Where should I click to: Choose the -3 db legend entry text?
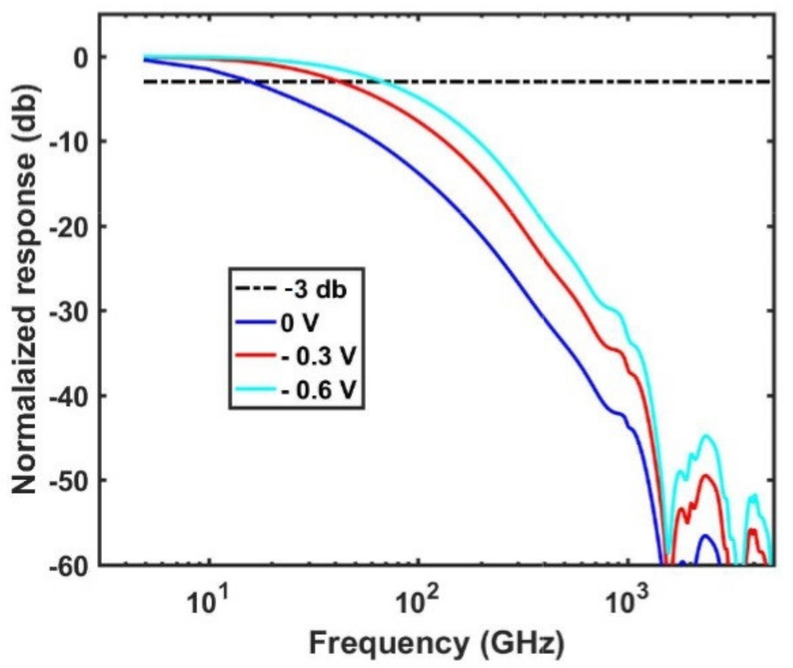[316, 291]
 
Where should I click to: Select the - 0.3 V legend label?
[318, 357]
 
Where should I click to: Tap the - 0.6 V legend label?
[318, 390]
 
